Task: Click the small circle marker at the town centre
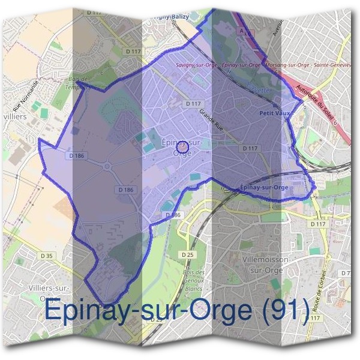(x=184, y=146)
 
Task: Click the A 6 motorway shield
(x=243, y=28)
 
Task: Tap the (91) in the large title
(x=280, y=311)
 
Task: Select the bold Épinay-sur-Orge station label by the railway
(x=265, y=187)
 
